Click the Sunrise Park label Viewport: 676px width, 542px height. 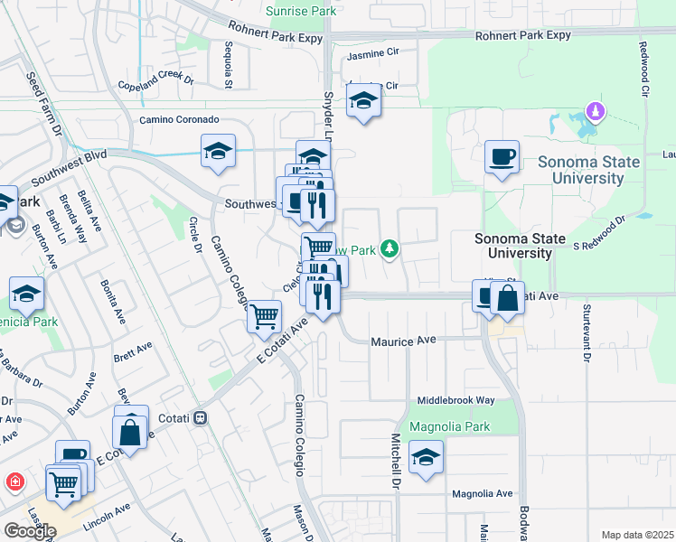pos(300,10)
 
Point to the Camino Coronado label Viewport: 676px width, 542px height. pos(178,119)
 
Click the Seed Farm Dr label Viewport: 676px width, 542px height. pos(42,105)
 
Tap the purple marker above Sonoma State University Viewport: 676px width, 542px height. pos(595,112)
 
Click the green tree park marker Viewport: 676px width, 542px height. pos(390,248)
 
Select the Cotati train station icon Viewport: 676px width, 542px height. pos(201,418)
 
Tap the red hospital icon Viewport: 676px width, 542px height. pos(14,481)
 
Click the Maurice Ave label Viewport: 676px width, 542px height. pos(403,341)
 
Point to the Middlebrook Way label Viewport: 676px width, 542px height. pos(455,399)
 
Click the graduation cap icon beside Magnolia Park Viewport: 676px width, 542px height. pos(426,457)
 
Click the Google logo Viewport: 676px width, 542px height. pos(29,531)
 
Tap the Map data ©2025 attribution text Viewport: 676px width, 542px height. pos(637,535)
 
